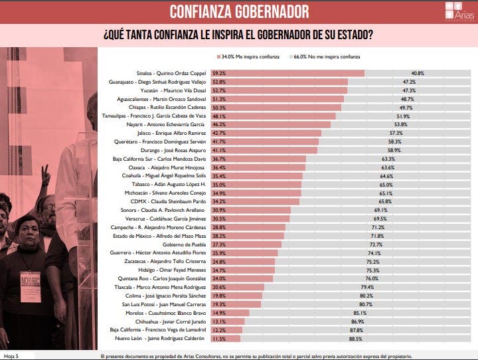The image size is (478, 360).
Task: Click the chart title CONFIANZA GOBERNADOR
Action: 239,11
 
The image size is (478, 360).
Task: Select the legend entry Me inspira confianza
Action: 248,57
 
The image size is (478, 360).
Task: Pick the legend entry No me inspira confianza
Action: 325,57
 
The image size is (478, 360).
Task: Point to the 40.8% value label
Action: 418,72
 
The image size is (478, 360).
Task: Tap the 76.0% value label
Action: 391,278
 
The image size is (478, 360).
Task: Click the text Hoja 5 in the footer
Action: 12,356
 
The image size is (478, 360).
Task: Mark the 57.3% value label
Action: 396,132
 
